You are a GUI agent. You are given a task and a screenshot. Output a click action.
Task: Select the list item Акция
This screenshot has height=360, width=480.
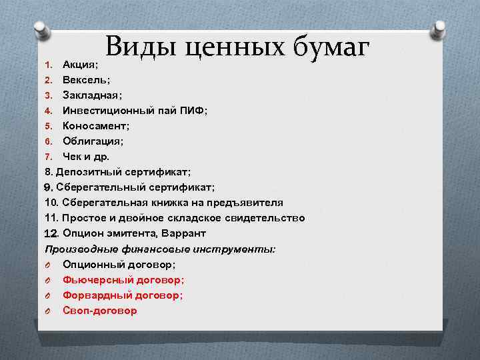point(80,65)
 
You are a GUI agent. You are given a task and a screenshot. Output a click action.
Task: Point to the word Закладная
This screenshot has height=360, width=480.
point(91,95)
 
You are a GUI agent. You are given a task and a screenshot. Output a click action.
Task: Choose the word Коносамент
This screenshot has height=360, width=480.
point(96,126)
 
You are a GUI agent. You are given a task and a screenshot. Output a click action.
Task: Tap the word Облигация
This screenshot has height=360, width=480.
point(93,141)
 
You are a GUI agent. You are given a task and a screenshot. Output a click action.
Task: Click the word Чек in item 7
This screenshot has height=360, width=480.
point(73,157)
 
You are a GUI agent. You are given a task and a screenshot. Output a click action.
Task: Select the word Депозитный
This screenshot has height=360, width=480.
point(89,172)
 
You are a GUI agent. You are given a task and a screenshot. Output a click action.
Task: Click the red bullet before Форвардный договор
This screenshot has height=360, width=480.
point(49,295)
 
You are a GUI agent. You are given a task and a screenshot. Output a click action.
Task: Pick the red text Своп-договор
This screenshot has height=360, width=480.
point(99,310)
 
